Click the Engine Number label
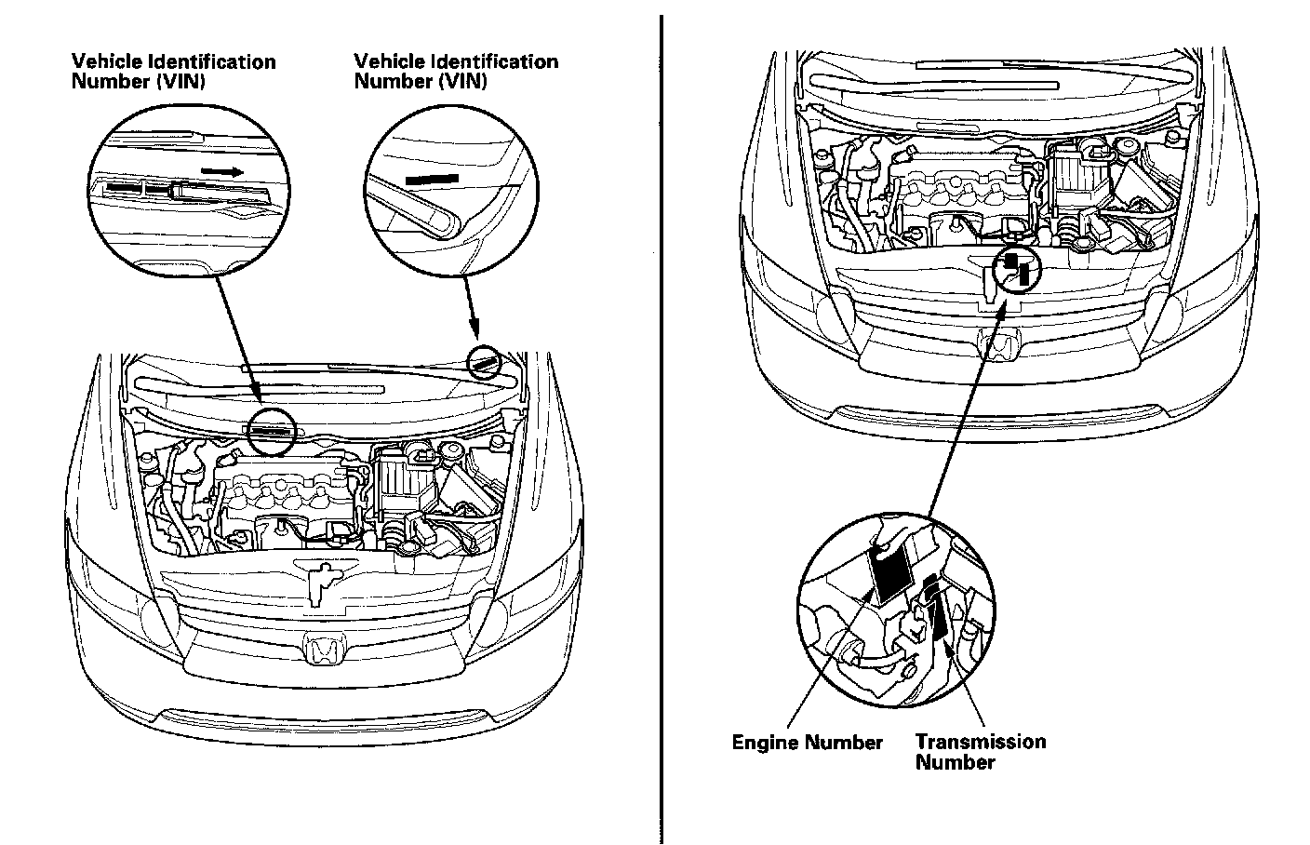click(807, 743)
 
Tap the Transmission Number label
click(980, 751)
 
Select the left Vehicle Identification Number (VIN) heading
click(173, 71)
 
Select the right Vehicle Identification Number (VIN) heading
click(456, 71)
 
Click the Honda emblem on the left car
click(326, 649)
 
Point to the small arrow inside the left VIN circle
click(222, 171)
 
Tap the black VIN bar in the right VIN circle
click(433, 176)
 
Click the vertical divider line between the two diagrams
click(662, 428)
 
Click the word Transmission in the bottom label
click(980, 742)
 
